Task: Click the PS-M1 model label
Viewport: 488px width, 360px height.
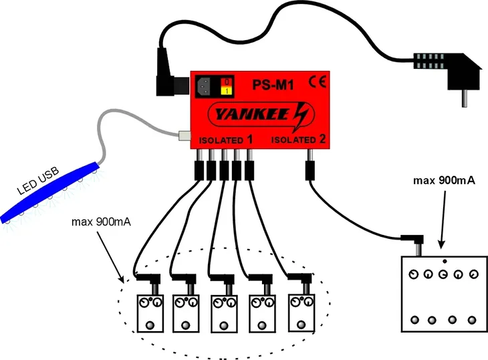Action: (x=273, y=85)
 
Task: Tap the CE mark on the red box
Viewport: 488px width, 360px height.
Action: (x=318, y=82)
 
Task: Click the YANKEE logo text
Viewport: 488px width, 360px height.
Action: (x=253, y=114)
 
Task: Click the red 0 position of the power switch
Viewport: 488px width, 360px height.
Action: (x=227, y=82)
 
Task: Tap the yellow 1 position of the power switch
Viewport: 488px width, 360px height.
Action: (x=227, y=91)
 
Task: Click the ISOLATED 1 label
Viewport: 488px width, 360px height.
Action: (x=226, y=140)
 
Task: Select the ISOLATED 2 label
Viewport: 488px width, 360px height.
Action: (x=299, y=139)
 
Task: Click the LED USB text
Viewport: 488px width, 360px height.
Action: (x=37, y=181)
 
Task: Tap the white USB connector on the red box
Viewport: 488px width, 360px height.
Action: (x=185, y=135)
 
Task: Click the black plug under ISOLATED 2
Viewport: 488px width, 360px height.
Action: (x=310, y=170)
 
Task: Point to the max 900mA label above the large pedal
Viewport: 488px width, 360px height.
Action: (x=444, y=180)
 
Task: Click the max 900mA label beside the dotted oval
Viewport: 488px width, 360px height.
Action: (x=101, y=221)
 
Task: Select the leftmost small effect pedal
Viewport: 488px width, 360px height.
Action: (x=150, y=313)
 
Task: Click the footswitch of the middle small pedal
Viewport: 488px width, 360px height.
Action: (x=224, y=326)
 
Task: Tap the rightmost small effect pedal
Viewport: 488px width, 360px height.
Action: (x=301, y=312)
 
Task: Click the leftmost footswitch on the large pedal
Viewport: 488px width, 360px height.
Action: (x=414, y=319)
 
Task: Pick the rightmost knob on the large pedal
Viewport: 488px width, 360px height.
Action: (x=473, y=274)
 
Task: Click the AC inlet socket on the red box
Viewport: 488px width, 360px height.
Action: (x=204, y=86)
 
